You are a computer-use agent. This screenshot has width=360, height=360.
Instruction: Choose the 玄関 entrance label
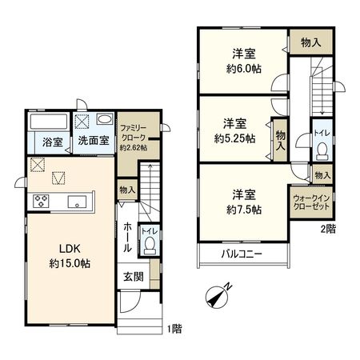click(x=134, y=277)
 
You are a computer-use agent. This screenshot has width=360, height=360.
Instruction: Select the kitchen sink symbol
click(x=78, y=200)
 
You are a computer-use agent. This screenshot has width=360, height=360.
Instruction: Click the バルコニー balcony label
click(x=242, y=254)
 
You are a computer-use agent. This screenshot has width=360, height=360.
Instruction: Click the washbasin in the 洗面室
click(x=104, y=120)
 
